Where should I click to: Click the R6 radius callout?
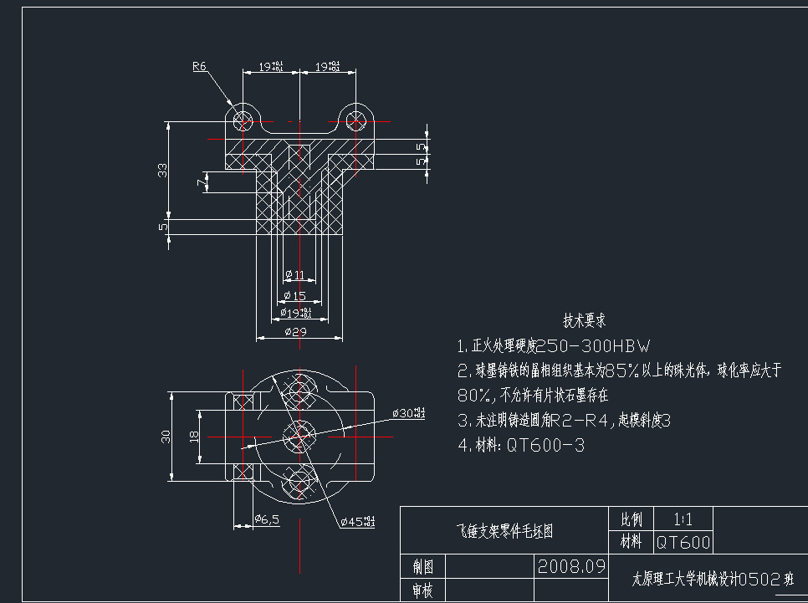199,67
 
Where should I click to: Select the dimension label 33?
163,170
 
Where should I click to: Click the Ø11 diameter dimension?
294,274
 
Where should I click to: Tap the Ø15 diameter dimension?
295,295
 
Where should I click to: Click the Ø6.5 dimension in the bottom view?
266,520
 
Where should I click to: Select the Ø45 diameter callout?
358,522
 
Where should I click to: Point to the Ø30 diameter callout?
407,413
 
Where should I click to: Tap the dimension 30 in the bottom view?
166,436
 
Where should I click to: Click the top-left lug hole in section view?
243,120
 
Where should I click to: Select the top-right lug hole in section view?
355,120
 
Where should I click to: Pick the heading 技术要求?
584,320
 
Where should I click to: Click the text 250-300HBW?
591,345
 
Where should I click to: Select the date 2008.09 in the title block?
571,566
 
